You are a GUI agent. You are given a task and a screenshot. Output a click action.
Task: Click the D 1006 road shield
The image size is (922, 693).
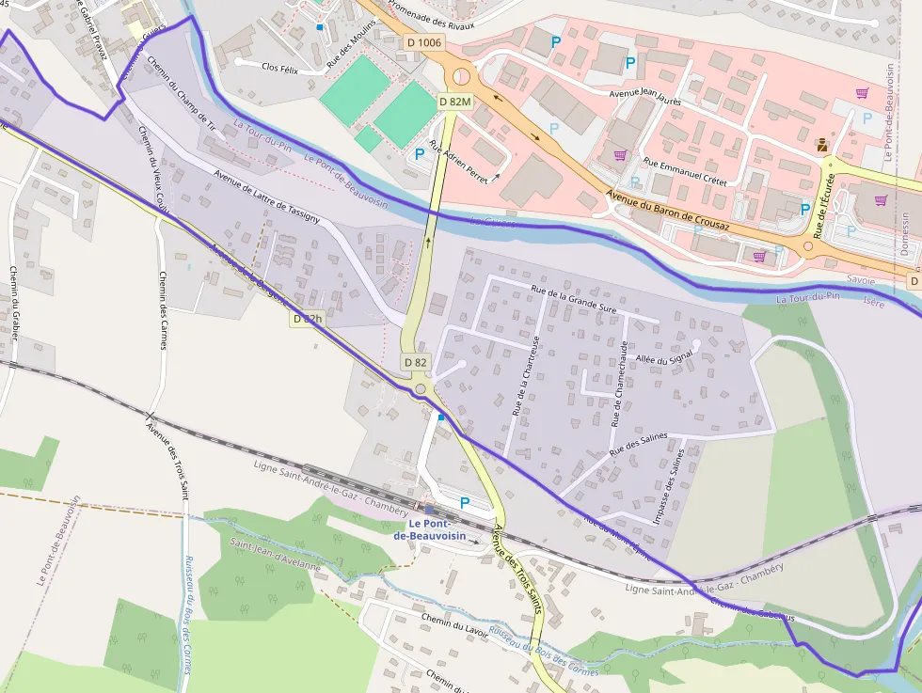(423, 42)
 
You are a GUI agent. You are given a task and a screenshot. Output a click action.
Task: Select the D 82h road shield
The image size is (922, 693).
(307, 319)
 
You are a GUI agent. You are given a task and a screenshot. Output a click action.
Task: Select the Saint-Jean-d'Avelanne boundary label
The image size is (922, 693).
(276, 555)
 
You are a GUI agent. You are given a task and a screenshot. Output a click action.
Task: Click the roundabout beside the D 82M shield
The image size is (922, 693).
(461, 76)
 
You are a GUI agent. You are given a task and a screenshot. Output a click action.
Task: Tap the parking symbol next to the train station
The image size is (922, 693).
(464, 503)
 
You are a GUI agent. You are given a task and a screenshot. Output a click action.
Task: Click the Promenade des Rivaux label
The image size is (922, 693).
(431, 14)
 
